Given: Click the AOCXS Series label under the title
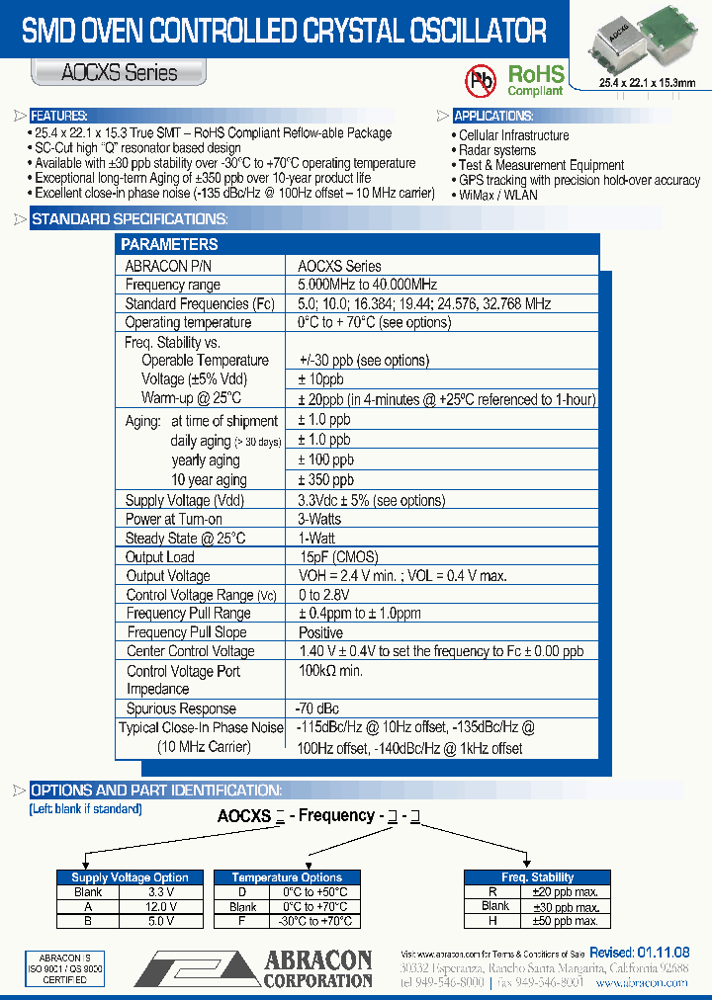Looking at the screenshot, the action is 120,72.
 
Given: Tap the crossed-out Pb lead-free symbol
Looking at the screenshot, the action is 482,79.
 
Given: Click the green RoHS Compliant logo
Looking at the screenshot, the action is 535,79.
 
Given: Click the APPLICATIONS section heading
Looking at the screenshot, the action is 493,116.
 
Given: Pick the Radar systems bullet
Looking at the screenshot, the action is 497,150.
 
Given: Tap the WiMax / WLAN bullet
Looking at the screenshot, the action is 498,195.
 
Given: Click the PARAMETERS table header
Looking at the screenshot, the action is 169,244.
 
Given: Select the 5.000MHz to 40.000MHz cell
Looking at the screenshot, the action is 367,285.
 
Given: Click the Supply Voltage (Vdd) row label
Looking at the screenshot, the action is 185,500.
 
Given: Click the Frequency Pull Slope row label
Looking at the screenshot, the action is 187,632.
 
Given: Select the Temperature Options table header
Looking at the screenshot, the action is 287,877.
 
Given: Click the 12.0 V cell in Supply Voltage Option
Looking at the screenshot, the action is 160,906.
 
